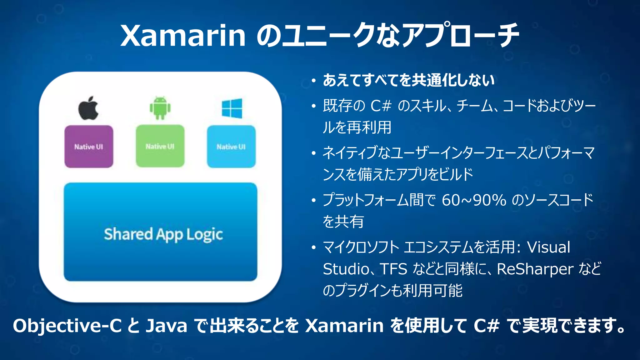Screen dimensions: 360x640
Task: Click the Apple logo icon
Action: tap(88, 108)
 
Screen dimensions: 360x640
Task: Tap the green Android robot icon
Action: tap(160, 108)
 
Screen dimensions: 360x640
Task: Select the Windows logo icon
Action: tap(232, 108)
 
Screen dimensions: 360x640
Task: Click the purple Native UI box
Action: tap(89, 147)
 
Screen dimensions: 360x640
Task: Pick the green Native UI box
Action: tap(160, 146)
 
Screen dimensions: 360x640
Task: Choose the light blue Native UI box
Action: tap(231, 147)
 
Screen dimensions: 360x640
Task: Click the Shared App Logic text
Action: tap(163, 234)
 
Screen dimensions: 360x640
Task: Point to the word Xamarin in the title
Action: tap(183, 35)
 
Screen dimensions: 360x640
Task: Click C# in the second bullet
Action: tap(381, 106)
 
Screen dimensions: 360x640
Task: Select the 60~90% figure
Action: tap(474, 200)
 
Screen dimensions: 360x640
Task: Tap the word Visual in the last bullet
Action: tap(548, 247)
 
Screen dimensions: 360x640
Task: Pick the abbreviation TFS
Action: tap(393, 269)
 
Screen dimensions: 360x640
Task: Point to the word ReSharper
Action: tap(535, 269)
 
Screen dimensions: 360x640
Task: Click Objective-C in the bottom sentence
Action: tap(67, 326)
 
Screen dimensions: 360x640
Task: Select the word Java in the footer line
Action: tap(166, 326)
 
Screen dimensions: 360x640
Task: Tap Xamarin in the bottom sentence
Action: tap(344, 326)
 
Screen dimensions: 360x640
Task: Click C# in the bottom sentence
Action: tap(486, 326)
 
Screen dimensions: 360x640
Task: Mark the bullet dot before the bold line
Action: tap(314, 81)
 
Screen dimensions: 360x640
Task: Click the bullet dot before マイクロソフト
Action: tap(314, 248)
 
